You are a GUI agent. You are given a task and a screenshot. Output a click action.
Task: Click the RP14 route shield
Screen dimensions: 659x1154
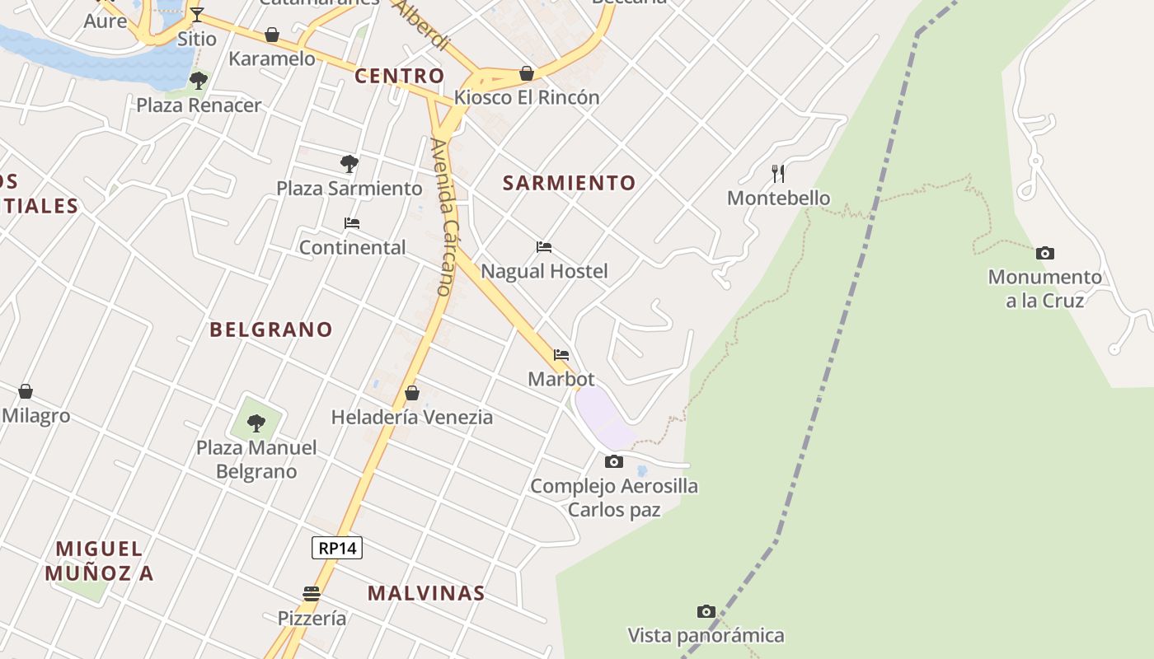(337, 548)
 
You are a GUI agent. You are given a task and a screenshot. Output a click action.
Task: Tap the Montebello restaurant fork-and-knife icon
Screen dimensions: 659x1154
(777, 173)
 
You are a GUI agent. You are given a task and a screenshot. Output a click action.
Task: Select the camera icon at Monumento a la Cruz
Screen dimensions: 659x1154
(1044, 253)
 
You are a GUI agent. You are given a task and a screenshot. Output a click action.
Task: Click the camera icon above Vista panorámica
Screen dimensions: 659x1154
(706, 611)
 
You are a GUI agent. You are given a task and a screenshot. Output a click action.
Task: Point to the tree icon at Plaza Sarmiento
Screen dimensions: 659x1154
(349, 163)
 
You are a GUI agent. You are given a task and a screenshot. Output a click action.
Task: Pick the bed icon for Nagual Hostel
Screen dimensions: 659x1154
(544, 246)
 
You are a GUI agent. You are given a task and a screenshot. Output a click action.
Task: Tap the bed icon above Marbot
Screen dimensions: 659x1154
(561, 354)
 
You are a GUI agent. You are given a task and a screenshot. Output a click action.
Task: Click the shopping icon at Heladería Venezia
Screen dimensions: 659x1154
(412, 393)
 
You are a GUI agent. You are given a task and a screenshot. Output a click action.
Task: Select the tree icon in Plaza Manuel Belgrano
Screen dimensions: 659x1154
(256, 423)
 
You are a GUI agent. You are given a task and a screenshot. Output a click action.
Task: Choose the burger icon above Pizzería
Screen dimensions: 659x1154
(311, 593)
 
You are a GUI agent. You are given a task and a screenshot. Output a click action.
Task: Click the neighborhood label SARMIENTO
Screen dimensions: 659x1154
(570, 183)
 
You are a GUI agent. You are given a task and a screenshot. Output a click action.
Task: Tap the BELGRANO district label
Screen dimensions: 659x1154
(271, 329)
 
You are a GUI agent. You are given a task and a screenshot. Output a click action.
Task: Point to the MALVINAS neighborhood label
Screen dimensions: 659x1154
(426, 593)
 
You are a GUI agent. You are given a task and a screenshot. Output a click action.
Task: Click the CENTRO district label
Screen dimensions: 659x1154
(400, 77)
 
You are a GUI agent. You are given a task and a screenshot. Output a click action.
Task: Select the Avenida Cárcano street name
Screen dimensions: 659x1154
(444, 217)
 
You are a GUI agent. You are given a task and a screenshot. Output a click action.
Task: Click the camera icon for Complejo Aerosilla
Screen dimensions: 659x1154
(614, 461)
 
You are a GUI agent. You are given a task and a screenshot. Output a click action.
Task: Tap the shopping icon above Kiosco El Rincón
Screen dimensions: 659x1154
(527, 73)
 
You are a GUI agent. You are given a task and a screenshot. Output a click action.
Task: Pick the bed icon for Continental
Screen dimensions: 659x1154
(352, 222)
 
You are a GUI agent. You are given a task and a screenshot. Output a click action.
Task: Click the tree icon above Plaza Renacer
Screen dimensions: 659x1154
(198, 80)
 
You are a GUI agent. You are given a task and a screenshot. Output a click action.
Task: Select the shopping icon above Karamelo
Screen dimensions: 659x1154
(272, 35)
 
